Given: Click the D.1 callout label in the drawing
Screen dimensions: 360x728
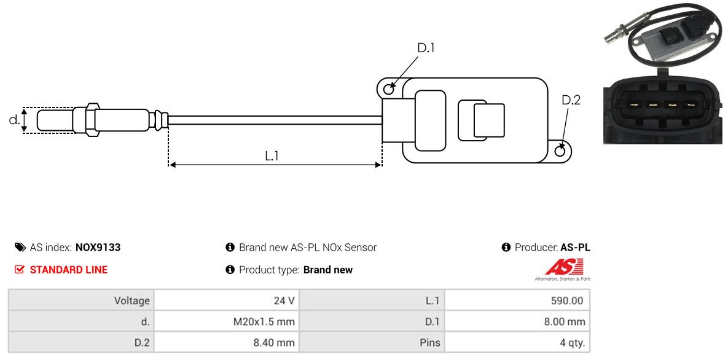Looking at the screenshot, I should click(426, 48).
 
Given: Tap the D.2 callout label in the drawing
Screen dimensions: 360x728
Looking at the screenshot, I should click(571, 100).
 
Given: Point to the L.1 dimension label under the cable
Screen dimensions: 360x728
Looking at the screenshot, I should click(272, 156).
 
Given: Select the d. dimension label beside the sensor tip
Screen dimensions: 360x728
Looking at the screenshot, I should click(14, 120).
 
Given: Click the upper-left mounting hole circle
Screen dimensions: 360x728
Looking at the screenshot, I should click(389, 90).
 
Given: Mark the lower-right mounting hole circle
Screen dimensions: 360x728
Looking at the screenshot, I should click(560, 151).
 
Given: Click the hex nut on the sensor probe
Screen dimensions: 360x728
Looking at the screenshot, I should click(91, 120).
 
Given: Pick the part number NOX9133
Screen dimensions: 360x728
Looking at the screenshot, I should click(98, 248).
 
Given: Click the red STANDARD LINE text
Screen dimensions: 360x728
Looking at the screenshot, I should click(69, 270).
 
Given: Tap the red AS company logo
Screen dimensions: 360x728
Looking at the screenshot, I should click(563, 267).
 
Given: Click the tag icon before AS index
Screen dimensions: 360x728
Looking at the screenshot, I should click(20, 248).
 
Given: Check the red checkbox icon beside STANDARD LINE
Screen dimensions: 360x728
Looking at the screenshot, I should click(20, 270).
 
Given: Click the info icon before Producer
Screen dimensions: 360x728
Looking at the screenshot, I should click(506, 248).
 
